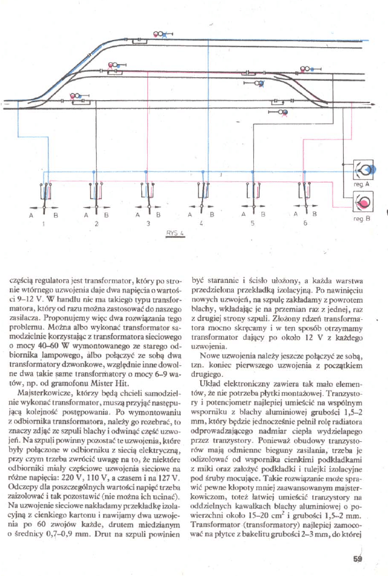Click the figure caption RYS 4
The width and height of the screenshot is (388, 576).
tap(175, 233)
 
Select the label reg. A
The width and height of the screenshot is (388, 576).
tap(362, 184)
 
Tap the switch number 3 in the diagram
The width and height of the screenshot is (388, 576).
tap(149, 224)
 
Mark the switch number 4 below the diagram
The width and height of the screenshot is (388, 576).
tap(201, 224)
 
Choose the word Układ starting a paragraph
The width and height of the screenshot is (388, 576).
tap(213, 383)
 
